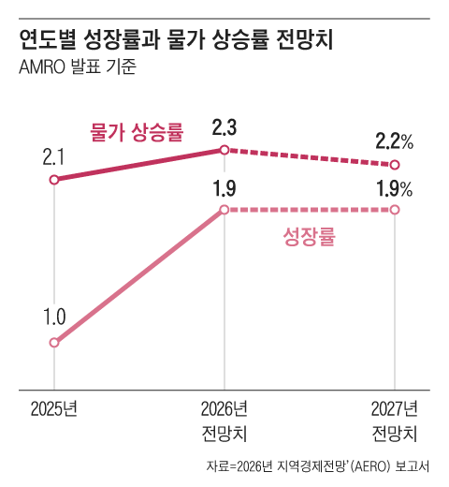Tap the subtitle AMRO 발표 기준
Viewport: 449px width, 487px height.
77,67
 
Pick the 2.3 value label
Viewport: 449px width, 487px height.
224,125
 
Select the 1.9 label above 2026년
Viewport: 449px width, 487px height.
224,187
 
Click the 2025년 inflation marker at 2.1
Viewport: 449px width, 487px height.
54,179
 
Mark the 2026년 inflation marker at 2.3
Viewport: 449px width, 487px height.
224,150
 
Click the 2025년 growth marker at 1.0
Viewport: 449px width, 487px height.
54,343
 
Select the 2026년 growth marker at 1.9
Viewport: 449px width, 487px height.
224,210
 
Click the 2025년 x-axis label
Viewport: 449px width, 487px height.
54,408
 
